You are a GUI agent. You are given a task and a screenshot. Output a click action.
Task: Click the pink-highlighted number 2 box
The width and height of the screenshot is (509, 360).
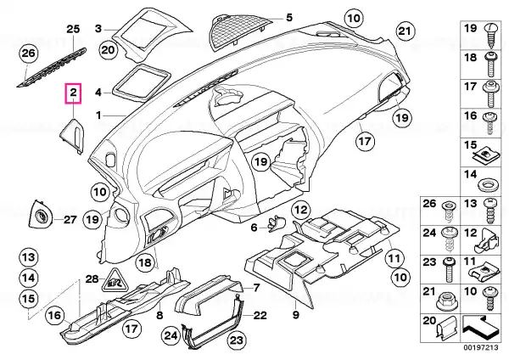(x=74, y=92)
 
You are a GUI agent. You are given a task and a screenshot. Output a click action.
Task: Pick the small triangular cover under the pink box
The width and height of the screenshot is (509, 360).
(x=70, y=133)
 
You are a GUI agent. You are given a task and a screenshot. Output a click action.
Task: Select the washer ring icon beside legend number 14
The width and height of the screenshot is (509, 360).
(x=489, y=184)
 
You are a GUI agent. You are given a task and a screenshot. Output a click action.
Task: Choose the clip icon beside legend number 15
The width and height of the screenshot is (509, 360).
(x=489, y=155)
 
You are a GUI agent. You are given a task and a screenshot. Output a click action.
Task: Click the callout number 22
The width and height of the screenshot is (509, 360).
(x=260, y=316)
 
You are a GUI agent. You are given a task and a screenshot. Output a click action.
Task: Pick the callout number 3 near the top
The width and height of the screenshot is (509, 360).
(x=98, y=28)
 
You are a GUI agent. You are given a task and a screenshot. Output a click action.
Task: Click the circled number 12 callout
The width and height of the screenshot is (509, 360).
(x=300, y=210)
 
